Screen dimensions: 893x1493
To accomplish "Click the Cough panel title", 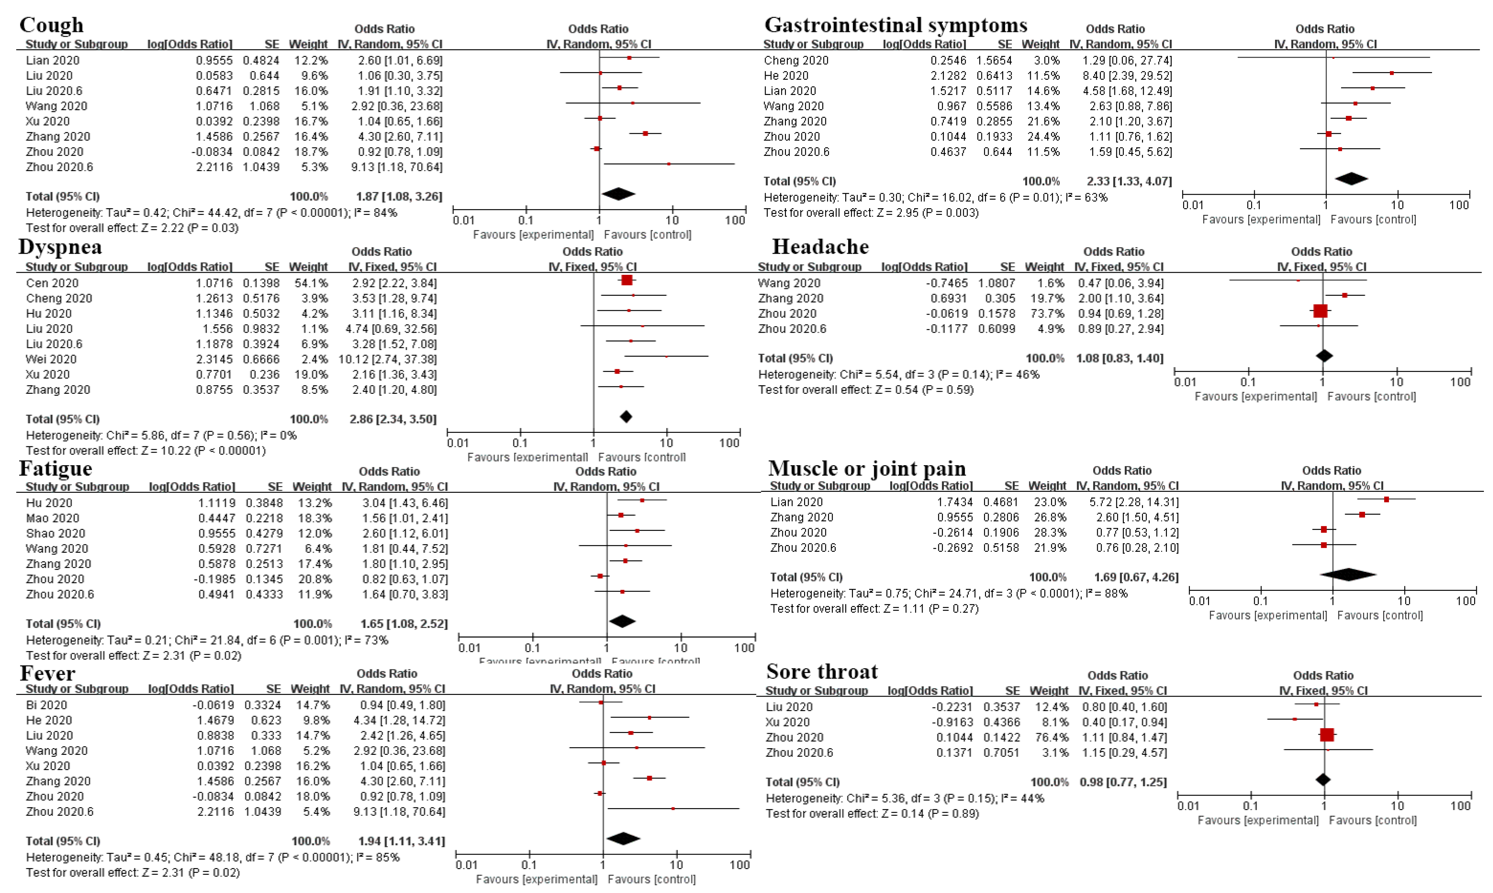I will [52, 25].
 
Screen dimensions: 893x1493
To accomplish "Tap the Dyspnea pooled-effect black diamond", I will [626, 416].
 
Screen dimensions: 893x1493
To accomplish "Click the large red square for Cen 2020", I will [627, 280].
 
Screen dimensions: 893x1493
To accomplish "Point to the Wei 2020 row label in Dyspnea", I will [51, 359].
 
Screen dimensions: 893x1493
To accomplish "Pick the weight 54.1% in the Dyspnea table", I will [309, 283].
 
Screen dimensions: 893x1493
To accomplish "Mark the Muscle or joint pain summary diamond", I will [1348, 575].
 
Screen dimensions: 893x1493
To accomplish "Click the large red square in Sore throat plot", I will [1327, 735].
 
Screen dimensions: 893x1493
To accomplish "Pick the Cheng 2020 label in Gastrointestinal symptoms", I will [796, 60].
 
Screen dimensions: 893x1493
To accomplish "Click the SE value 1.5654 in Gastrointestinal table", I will [993, 60].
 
